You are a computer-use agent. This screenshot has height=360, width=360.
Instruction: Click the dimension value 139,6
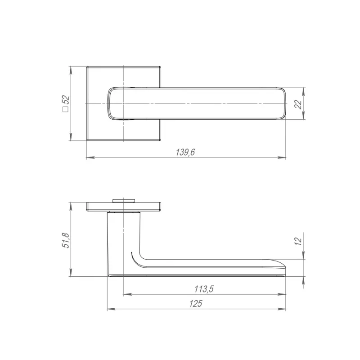[x=185, y=153]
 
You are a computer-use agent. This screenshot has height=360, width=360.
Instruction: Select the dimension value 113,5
[x=204, y=289]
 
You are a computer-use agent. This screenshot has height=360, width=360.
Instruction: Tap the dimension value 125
[x=196, y=304]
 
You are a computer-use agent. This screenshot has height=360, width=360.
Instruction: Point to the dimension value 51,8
[x=66, y=240]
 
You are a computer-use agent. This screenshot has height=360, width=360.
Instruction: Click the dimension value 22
[x=298, y=104]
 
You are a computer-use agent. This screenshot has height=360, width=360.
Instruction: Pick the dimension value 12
[x=298, y=241]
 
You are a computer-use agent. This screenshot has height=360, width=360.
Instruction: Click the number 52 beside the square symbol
[x=66, y=100]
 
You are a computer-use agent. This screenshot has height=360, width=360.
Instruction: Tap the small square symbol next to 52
[x=66, y=109]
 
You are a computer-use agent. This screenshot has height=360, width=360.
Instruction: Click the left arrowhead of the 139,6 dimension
[x=90, y=158]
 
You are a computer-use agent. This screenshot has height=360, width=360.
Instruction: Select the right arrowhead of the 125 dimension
[x=282, y=309]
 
